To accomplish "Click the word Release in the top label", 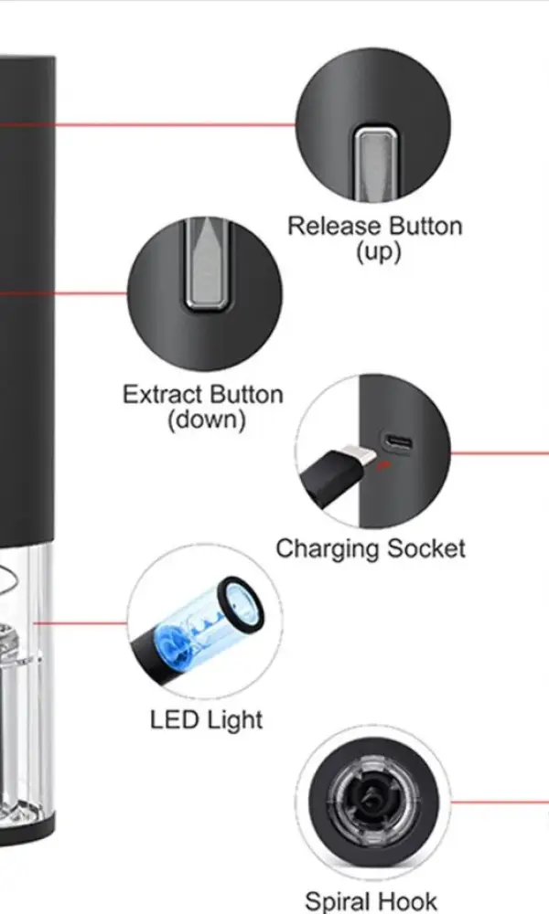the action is [335, 226].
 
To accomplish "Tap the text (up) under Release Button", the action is [379, 252].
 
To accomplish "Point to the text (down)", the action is [207, 420].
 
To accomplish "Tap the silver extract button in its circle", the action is [205, 265].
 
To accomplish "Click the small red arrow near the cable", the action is [383, 464].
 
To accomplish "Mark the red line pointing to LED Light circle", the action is [81, 623].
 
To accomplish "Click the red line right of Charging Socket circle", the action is [500, 452].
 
